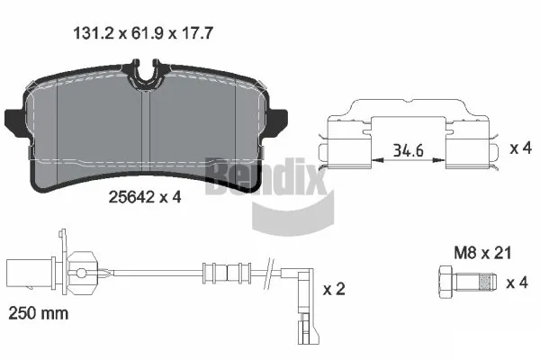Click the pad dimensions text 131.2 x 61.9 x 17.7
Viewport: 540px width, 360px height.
(143, 33)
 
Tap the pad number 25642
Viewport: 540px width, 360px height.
(130, 197)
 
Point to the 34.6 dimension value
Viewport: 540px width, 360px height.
(409, 150)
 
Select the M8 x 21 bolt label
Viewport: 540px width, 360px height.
(482, 253)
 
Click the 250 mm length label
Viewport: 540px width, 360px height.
(38, 313)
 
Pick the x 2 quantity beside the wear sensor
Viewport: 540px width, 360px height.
(334, 289)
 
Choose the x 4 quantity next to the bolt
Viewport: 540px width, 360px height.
(517, 283)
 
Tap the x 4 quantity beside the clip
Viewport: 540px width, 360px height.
(521, 148)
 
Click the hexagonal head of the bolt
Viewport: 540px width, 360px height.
(446, 283)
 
